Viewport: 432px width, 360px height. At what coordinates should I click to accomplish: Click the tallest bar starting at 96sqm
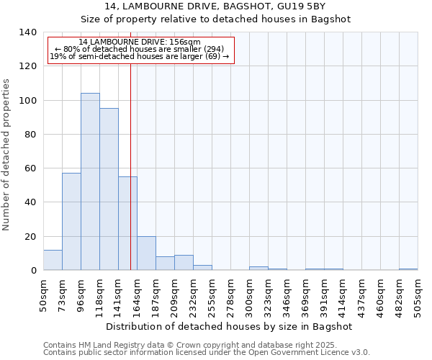[x=90, y=181]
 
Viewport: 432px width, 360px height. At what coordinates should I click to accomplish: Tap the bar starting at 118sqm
[x=109, y=189]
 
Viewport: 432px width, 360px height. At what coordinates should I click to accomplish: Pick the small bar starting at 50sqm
[x=53, y=260]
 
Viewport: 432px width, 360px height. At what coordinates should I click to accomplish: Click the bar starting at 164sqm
[x=146, y=253]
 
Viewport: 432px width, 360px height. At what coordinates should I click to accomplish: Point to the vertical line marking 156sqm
[x=130, y=166]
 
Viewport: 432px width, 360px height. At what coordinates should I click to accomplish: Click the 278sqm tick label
[x=230, y=295]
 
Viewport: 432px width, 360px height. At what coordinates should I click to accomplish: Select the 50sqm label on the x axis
[x=44, y=295]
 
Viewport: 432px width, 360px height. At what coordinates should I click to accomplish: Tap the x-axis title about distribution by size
[x=230, y=326]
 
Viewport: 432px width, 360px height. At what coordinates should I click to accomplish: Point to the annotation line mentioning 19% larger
[x=140, y=56]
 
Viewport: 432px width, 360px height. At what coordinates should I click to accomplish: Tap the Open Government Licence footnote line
[x=207, y=352]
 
